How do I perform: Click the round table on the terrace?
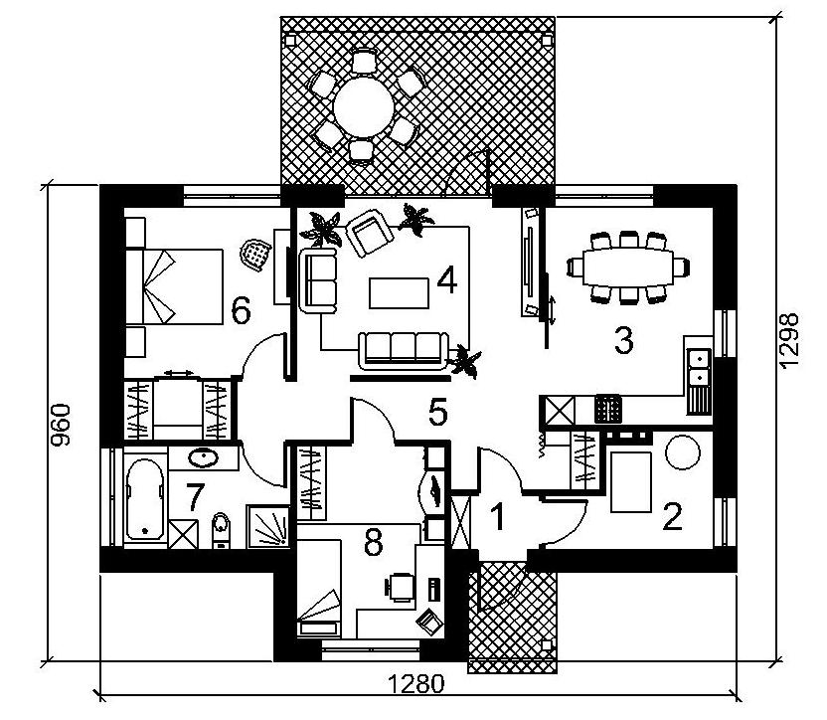(364, 107)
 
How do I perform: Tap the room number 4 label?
(447, 280)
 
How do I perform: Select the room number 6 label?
(241, 310)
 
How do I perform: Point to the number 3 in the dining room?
(624, 340)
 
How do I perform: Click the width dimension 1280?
(416, 684)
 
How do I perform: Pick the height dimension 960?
(61, 425)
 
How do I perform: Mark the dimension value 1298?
(789, 340)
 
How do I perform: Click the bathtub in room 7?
(145, 499)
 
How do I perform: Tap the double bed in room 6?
(175, 286)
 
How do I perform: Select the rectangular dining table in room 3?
(627, 267)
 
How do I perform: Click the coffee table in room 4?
(399, 293)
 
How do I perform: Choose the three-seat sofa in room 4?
(404, 350)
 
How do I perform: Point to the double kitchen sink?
(700, 367)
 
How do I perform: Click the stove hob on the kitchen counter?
(608, 409)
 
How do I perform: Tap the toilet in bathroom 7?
(221, 530)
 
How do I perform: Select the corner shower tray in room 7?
(268, 527)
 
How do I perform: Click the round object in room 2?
(683, 451)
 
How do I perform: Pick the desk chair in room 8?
(401, 587)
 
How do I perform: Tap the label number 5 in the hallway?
(438, 412)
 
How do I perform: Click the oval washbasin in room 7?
(203, 457)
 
